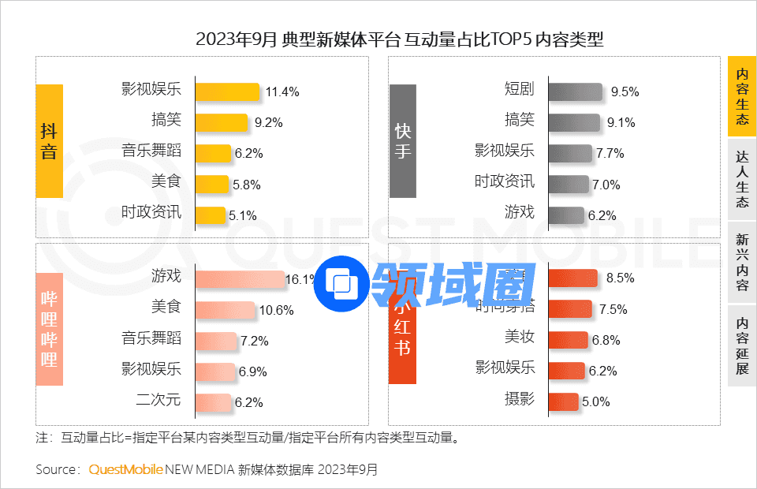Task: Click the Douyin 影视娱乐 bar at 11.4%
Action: [227, 91]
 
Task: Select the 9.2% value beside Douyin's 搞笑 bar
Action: [268, 123]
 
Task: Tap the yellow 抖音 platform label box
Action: [49, 141]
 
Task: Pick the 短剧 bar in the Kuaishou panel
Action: [574, 91]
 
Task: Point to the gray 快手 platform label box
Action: [402, 141]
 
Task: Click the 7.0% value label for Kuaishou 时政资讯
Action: [606, 185]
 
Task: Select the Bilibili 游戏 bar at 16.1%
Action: [240, 278]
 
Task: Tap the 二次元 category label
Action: [158, 400]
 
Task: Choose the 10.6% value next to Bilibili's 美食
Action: [276, 310]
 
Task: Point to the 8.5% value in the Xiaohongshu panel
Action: [621, 278]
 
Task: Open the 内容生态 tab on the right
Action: [741, 96]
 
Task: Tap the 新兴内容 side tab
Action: [741, 262]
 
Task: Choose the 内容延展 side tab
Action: [741, 345]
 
